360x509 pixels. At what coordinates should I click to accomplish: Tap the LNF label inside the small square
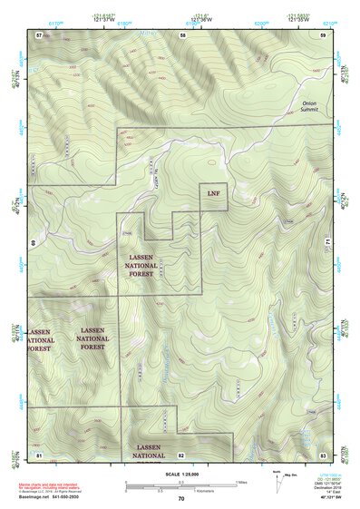[x=213, y=194]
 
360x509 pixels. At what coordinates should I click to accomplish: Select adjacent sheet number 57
[x=39, y=34]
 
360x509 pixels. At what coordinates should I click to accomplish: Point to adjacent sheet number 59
[x=323, y=34]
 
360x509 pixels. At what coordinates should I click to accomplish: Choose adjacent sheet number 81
[x=39, y=453]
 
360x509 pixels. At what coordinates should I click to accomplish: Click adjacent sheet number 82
[x=181, y=454]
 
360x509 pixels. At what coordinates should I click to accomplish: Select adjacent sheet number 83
[x=323, y=453]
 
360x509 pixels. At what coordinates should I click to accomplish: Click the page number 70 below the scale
[x=181, y=498]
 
